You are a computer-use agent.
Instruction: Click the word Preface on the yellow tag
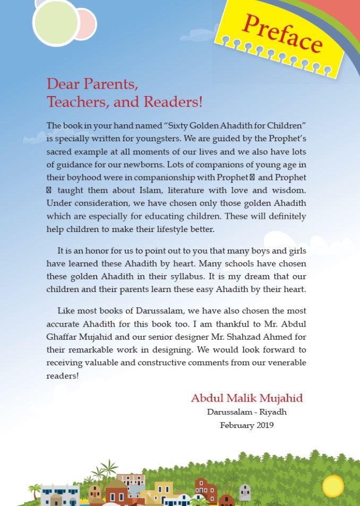pyautogui.click(x=282, y=33)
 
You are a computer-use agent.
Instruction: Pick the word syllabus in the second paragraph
pyautogui.click(x=185, y=277)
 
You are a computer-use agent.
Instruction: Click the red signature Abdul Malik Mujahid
pyautogui.click(x=247, y=398)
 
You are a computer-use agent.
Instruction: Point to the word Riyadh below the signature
pyautogui.click(x=273, y=412)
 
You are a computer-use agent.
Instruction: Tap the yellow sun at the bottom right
pyautogui.click(x=333, y=486)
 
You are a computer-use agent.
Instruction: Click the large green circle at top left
pyautogui.click(x=56, y=22)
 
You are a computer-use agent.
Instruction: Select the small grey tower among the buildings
pyautogui.click(x=245, y=493)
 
